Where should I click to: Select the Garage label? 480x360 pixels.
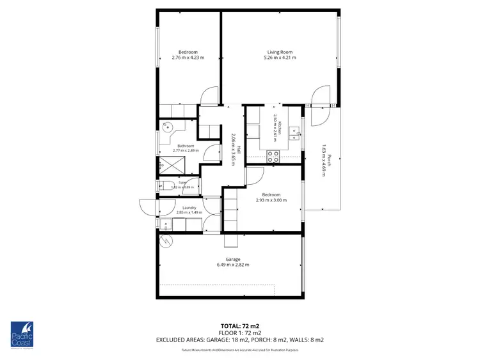pos(232,259)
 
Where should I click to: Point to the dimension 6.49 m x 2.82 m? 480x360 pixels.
pos(232,265)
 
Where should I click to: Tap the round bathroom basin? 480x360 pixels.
pos(167,127)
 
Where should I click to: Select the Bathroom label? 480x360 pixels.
pos(186,145)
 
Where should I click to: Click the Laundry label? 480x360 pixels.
pos(189,207)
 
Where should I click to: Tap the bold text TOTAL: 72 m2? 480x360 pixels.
pos(240,325)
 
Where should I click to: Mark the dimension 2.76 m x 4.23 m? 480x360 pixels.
pos(188,58)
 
